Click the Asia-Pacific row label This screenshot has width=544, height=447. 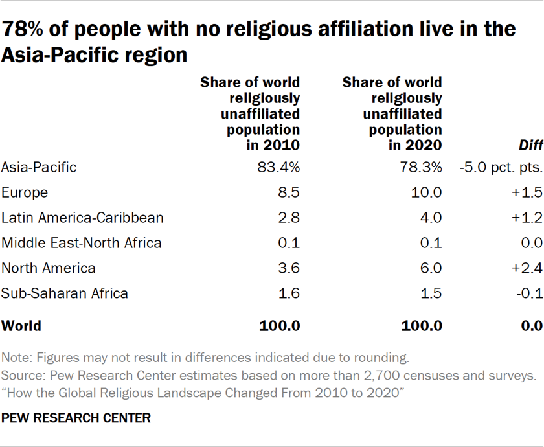pyautogui.click(x=39, y=167)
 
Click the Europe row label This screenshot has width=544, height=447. pyautogui.click(x=25, y=192)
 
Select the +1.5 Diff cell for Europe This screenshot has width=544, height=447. pyautogui.click(x=526, y=192)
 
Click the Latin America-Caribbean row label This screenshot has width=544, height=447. pyautogui.click(x=82, y=218)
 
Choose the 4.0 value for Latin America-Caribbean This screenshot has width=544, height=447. pyautogui.click(x=431, y=218)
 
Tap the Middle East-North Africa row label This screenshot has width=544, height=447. pyautogui.click(x=82, y=243)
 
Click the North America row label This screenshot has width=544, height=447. pyautogui.click(x=49, y=268)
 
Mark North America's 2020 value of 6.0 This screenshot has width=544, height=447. pyautogui.click(x=431, y=268)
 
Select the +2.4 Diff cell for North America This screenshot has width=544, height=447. pyautogui.click(x=526, y=268)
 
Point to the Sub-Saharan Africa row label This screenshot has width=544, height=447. pyautogui.click(x=65, y=293)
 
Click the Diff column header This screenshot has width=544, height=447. pyautogui.click(x=529, y=146)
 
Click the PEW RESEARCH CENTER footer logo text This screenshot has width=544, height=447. pyautogui.click(x=76, y=418)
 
